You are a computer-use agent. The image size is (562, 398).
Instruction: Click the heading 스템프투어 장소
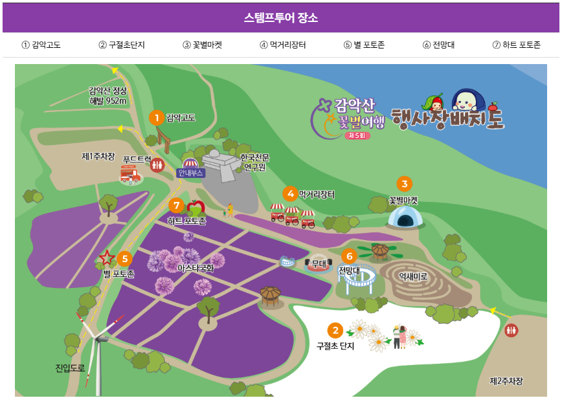tap(280, 18)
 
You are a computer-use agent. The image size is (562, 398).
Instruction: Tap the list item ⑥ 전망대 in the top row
tap(438, 45)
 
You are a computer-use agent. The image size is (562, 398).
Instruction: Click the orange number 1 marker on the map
tap(156, 117)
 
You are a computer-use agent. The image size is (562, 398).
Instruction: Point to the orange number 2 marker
tap(335, 331)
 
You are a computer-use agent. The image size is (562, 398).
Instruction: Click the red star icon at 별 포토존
tap(107, 258)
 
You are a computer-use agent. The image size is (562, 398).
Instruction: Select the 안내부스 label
tap(190, 173)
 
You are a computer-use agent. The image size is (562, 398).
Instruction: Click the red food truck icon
tap(130, 175)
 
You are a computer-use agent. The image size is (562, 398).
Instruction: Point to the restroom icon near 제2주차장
tap(511, 330)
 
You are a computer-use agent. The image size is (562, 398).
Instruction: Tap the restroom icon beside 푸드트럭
tap(157, 165)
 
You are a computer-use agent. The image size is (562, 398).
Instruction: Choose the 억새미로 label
tap(413, 276)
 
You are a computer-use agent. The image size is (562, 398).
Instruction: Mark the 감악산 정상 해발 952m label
tap(108, 96)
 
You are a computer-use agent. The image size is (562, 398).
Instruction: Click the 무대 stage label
tap(318, 263)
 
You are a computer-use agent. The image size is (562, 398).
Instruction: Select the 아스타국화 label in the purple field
tap(196, 268)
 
